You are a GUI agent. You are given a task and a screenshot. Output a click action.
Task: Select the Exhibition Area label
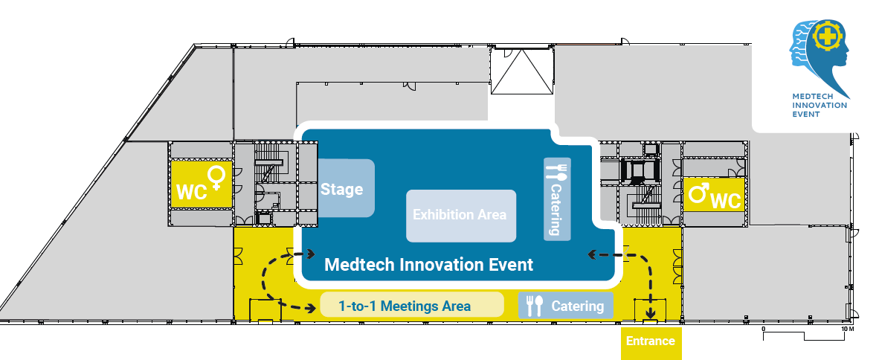460,215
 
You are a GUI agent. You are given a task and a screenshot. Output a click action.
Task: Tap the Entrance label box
650,341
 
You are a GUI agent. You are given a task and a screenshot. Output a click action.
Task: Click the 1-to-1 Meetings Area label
404,306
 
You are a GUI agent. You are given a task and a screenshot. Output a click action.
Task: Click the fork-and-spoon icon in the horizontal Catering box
535,306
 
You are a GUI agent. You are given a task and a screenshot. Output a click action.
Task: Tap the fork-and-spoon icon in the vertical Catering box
556,172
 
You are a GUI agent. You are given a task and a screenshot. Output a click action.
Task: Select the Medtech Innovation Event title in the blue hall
429,265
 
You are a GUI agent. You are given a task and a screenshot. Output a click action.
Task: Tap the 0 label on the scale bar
764,328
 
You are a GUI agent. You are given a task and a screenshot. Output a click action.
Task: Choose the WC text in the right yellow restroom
726,200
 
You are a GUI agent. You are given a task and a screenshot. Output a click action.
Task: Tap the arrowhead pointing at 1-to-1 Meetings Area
312,306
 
